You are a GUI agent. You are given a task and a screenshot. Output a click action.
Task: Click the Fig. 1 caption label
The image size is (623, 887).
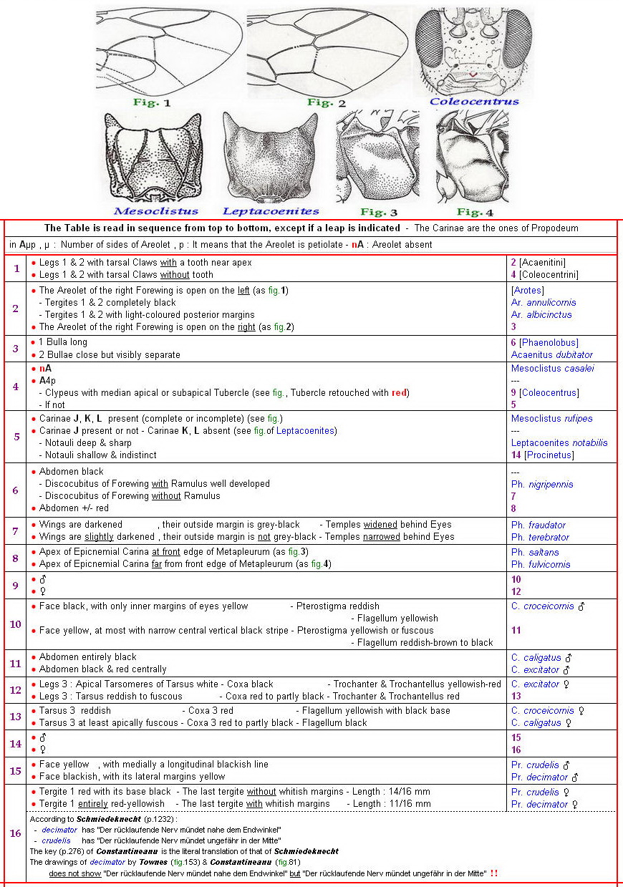tap(152, 102)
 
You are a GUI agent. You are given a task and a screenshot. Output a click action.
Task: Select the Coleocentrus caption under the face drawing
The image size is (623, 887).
tap(474, 102)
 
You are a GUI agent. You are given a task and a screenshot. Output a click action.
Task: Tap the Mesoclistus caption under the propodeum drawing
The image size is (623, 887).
tap(155, 211)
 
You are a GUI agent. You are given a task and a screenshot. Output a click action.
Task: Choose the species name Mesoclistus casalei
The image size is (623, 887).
tap(552, 369)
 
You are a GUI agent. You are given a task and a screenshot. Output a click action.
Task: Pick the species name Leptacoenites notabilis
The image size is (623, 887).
tap(559, 443)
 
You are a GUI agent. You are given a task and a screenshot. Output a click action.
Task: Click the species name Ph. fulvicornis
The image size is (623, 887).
tap(541, 565)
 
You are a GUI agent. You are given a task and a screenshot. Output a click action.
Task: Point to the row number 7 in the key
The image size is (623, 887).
tap(16, 530)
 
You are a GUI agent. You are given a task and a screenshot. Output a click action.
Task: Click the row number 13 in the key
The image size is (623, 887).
tap(16, 717)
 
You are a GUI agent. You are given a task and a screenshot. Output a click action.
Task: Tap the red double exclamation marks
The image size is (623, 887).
tap(494, 873)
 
